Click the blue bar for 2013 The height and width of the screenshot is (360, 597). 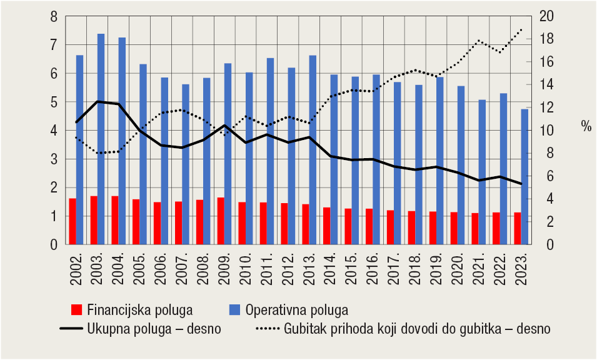(x=313, y=150)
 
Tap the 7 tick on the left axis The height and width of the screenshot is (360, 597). (x=54, y=45)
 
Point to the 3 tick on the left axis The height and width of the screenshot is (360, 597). (x=54, y=159)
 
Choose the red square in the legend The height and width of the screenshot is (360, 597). (x=77, y=309)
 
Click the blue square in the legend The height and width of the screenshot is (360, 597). (x=235, y=309)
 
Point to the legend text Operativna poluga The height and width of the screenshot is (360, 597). (x=296, y=309)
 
